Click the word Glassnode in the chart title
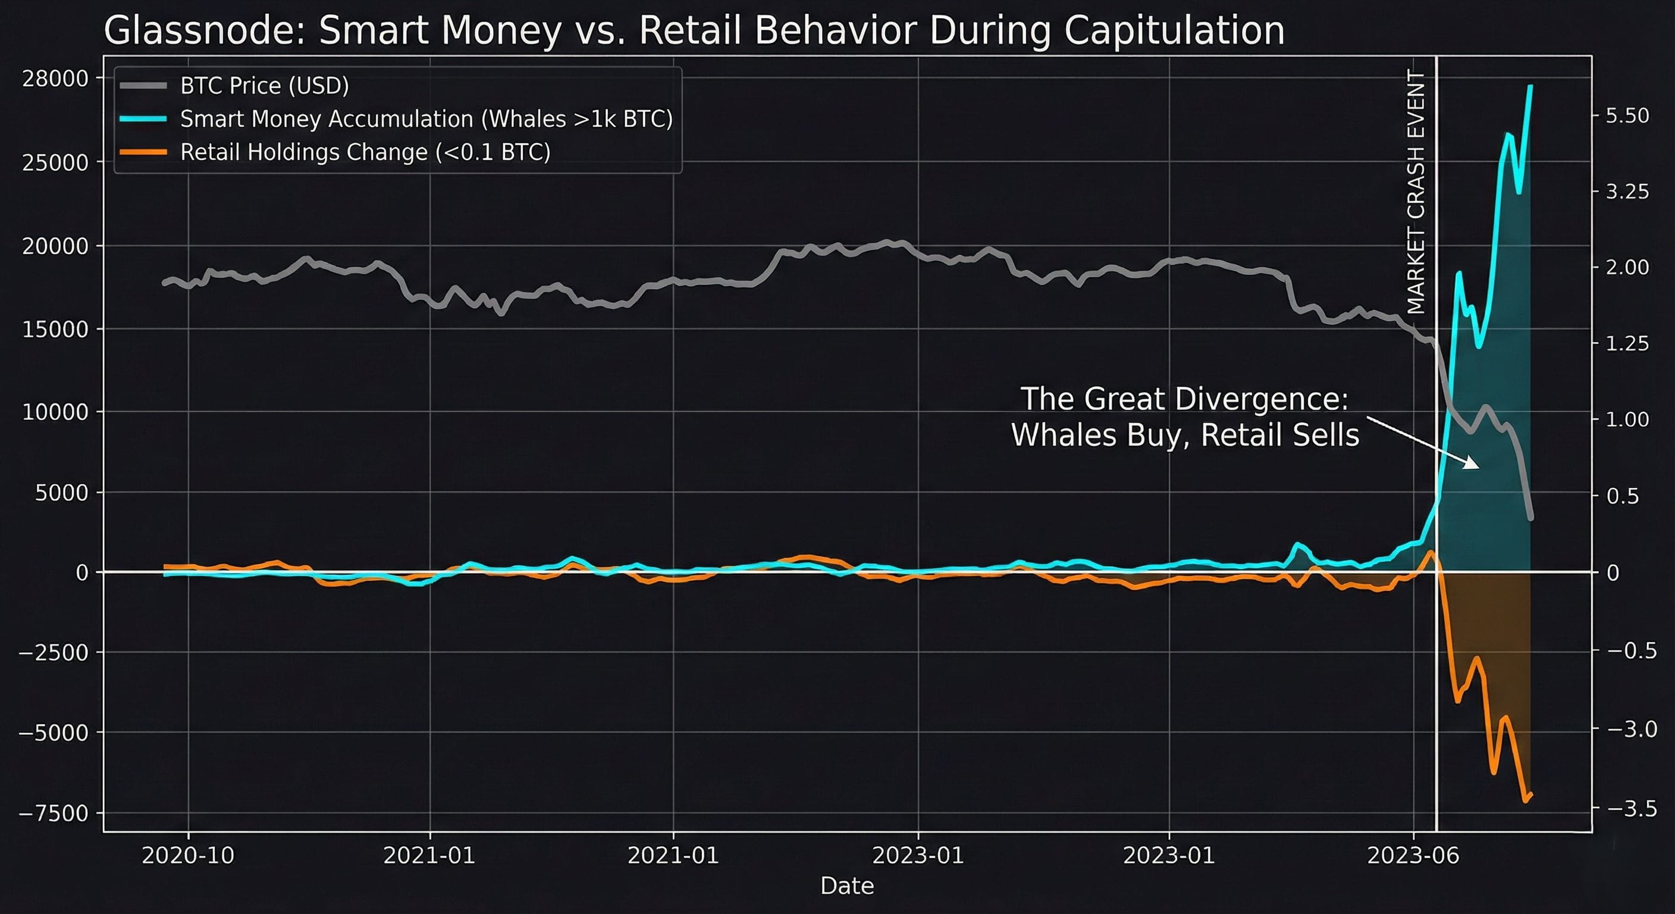[x=203, y=30]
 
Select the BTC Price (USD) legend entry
[x=264, y=86]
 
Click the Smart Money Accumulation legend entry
[x=426, y=119]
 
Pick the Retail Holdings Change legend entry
[x=365, y=152]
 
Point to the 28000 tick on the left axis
[x=55, y=79]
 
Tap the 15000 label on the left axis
[x=55, y=330]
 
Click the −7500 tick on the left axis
[x=54, y=813]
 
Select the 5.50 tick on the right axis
[x=1627, y=116]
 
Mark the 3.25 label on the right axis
[x=1627, y=192]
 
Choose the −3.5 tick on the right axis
[x=1632, y=809]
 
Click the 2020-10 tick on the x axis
[x=188, y=856]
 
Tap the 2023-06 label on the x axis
[x=1413, y=856]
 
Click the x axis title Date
[x=846, y=886]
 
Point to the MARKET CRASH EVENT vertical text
[x=1416, y=192]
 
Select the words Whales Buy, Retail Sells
[x=1185, y=435]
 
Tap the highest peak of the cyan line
[x=1530, y=86]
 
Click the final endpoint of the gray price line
[x=1530, y=518]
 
